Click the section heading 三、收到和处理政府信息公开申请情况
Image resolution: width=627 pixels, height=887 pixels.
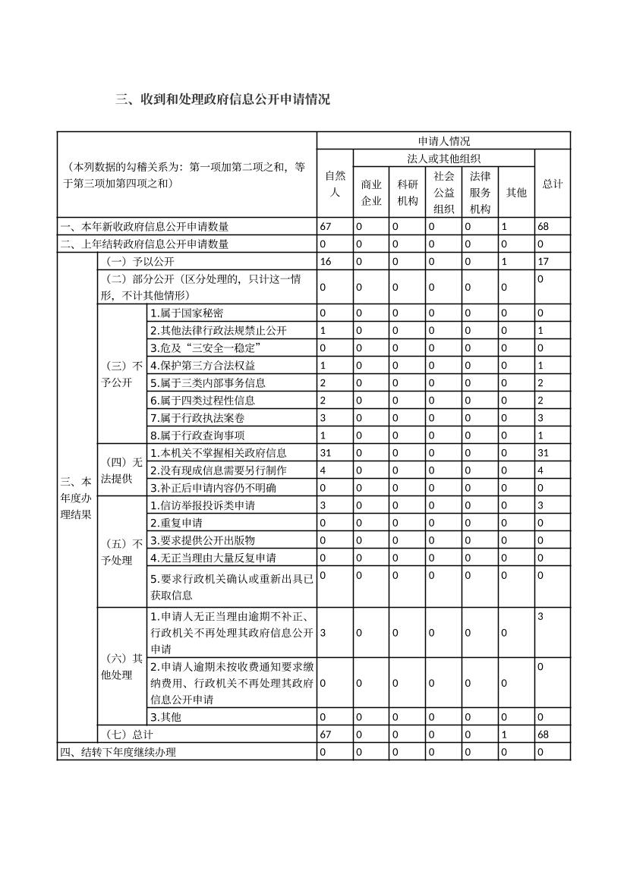click(222, 99)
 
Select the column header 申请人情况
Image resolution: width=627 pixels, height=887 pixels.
click(443, 141)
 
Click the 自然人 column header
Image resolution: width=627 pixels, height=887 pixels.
click(335, 184)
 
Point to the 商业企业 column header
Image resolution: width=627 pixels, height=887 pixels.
click(371, 192)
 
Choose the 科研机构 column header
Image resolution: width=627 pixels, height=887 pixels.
click(408, 192)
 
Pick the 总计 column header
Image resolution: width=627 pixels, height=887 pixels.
click(552, 184)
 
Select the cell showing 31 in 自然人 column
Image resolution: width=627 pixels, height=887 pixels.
click(326, 453)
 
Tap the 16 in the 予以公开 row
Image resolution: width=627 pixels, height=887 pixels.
click(326, 262)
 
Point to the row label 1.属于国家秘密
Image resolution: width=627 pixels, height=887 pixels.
click(187, 313)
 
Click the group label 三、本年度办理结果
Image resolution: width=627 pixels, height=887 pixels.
click(77, 498)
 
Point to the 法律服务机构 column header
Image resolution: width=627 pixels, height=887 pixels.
click(480, 192)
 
